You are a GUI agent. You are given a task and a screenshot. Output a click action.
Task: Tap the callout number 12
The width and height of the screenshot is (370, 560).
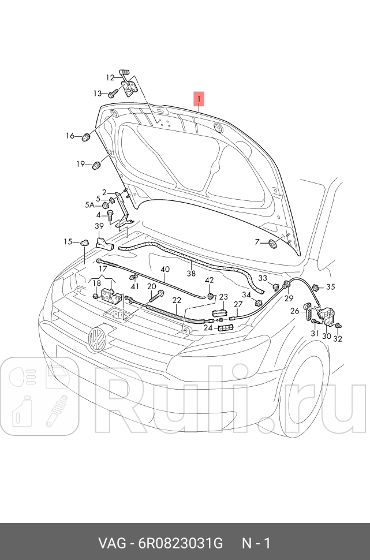(x=110, y=77)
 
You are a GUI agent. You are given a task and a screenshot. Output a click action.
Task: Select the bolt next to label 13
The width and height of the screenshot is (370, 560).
(x=113, y=92)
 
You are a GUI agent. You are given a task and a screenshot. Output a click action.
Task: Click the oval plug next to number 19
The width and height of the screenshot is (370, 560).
(x=96, y=166)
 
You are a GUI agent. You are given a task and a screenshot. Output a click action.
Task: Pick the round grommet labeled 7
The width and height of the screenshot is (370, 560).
(x=273, y=244)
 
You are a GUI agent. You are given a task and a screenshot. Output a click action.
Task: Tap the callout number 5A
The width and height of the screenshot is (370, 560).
(x=90, y=204)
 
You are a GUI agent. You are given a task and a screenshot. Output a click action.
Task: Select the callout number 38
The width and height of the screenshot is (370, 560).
(x=191, y=274)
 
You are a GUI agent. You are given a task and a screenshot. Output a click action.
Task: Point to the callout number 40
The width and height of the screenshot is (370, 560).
(x=165, y=270)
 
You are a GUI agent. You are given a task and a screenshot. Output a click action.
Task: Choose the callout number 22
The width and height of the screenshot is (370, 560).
(x=177, y=300)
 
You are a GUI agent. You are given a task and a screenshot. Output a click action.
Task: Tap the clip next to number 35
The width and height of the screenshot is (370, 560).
(x=316, y=287)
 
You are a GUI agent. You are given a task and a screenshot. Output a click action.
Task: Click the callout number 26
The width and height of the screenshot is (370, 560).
(x=294, y=311)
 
